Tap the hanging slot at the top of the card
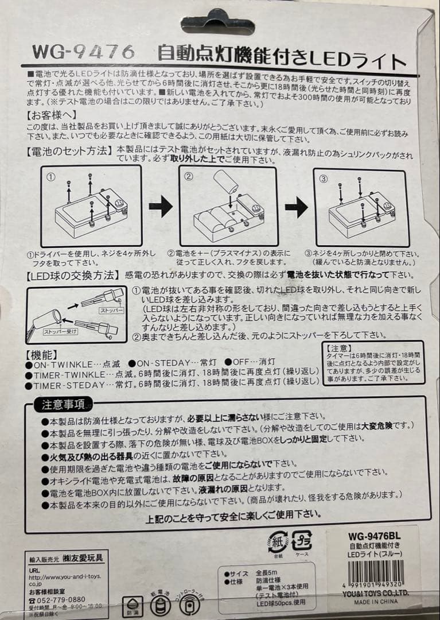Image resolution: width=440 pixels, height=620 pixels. click(x=218, y=22)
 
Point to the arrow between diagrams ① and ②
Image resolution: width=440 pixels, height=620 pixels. click(x=161, y=206)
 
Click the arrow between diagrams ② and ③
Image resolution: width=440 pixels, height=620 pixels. click(x=296, y=206)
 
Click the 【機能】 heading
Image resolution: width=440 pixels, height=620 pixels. click(x=42, y=353)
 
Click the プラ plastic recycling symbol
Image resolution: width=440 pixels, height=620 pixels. click(x=302, y=541)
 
